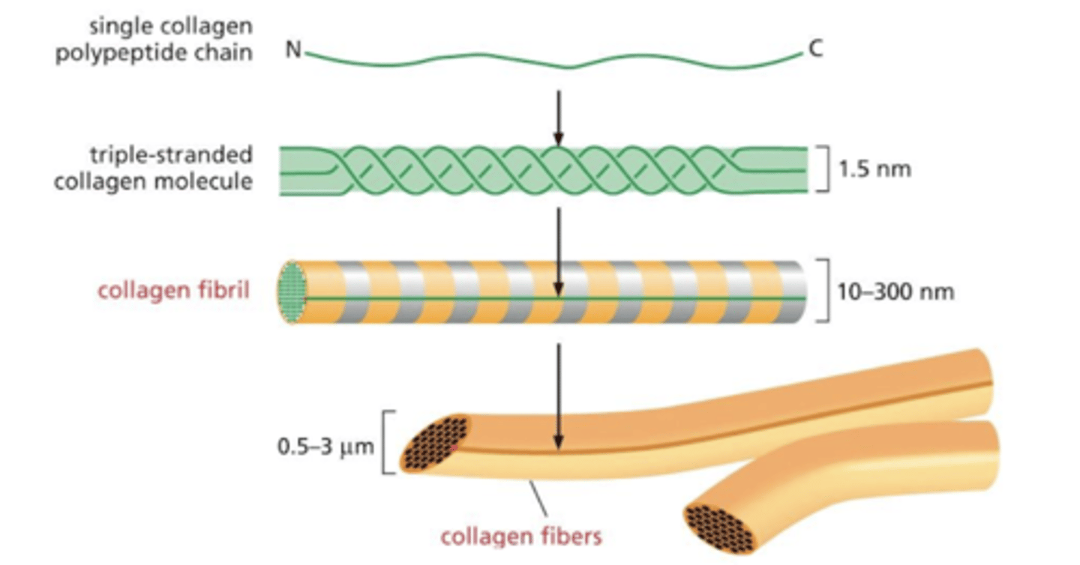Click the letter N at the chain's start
click(x=292, y=51)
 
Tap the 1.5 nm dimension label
click(x=874, y=169)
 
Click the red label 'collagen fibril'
click(x=174, y=290)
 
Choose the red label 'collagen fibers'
click(x=521, y=537)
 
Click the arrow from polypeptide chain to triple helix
click(x=556, y=116)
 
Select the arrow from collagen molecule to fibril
click(x=556, y=251)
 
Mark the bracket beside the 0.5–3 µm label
click(x=388, y=442)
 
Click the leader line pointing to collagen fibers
click(x=538, y=496)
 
